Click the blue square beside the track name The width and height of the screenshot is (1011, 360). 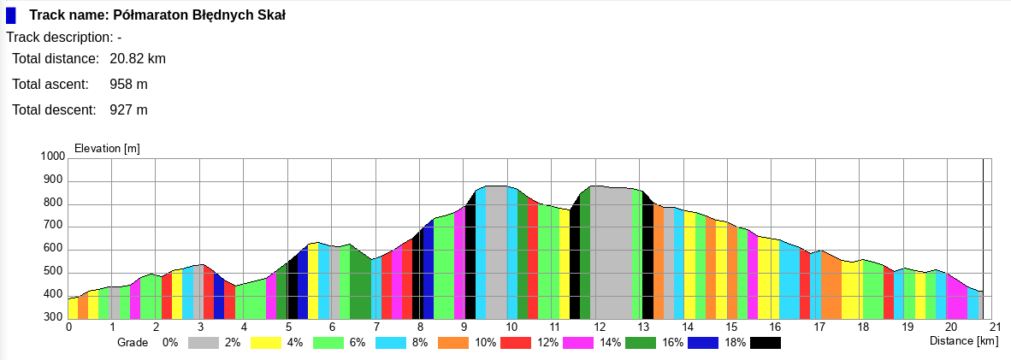[x=11, y=15]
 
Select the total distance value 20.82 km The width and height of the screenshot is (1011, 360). [x=138, y=59]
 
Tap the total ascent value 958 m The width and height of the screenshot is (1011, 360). [x=129, y=85]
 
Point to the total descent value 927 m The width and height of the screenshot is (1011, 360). [x=129, y=110]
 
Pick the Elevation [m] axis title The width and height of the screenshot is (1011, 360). [x=108, y=149]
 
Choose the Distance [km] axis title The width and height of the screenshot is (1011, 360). [x=964, y=341]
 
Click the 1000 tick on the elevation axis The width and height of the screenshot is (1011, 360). [x=53, y=157]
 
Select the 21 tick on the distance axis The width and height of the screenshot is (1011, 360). [x=995, y=327]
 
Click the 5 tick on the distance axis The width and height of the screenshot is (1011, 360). [x=289, y=327]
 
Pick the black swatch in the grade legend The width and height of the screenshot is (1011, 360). [x=766, y=343]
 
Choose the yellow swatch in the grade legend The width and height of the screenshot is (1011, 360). [x=266, y=343]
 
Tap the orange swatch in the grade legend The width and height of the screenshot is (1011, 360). [x=453, y=343]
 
